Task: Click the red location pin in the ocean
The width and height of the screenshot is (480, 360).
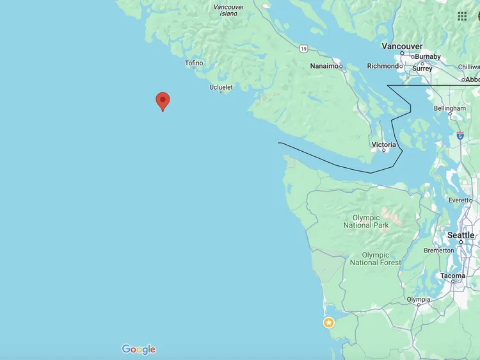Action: click(x=163, y=101)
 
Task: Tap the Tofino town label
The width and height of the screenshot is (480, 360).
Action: click(x=194, y=63)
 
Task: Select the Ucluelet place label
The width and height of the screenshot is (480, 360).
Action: click(x=221, y=87)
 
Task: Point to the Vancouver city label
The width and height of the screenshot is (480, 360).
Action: click(x=402, y=46)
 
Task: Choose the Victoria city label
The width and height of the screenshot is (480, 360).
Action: click(x=383, y=145)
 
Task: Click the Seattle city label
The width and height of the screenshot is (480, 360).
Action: click(x=461, y=235)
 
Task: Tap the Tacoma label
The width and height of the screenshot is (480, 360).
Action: click(x=452, y=276)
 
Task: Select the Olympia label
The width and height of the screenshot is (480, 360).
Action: click(x=419, y=300)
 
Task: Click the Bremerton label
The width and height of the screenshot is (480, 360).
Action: click(x=438, y=250)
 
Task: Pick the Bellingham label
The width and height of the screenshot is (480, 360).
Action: click(x=449, y=109)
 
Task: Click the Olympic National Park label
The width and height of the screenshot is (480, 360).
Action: click(x=366, y=222)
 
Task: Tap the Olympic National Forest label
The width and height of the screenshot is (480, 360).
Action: click(x=376, y=259)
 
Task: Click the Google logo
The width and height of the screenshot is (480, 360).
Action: click(x=139, y=349)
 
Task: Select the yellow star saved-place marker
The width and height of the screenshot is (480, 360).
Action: click(x=329, y=322)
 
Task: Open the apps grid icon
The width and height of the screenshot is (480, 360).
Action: click(x=462, y=16)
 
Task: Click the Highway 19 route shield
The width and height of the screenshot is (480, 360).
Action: click(x=303, y=49)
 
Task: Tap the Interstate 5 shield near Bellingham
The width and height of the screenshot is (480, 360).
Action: click(x=460, y=136)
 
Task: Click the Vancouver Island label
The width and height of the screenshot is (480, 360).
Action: click(x=228, y=10)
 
